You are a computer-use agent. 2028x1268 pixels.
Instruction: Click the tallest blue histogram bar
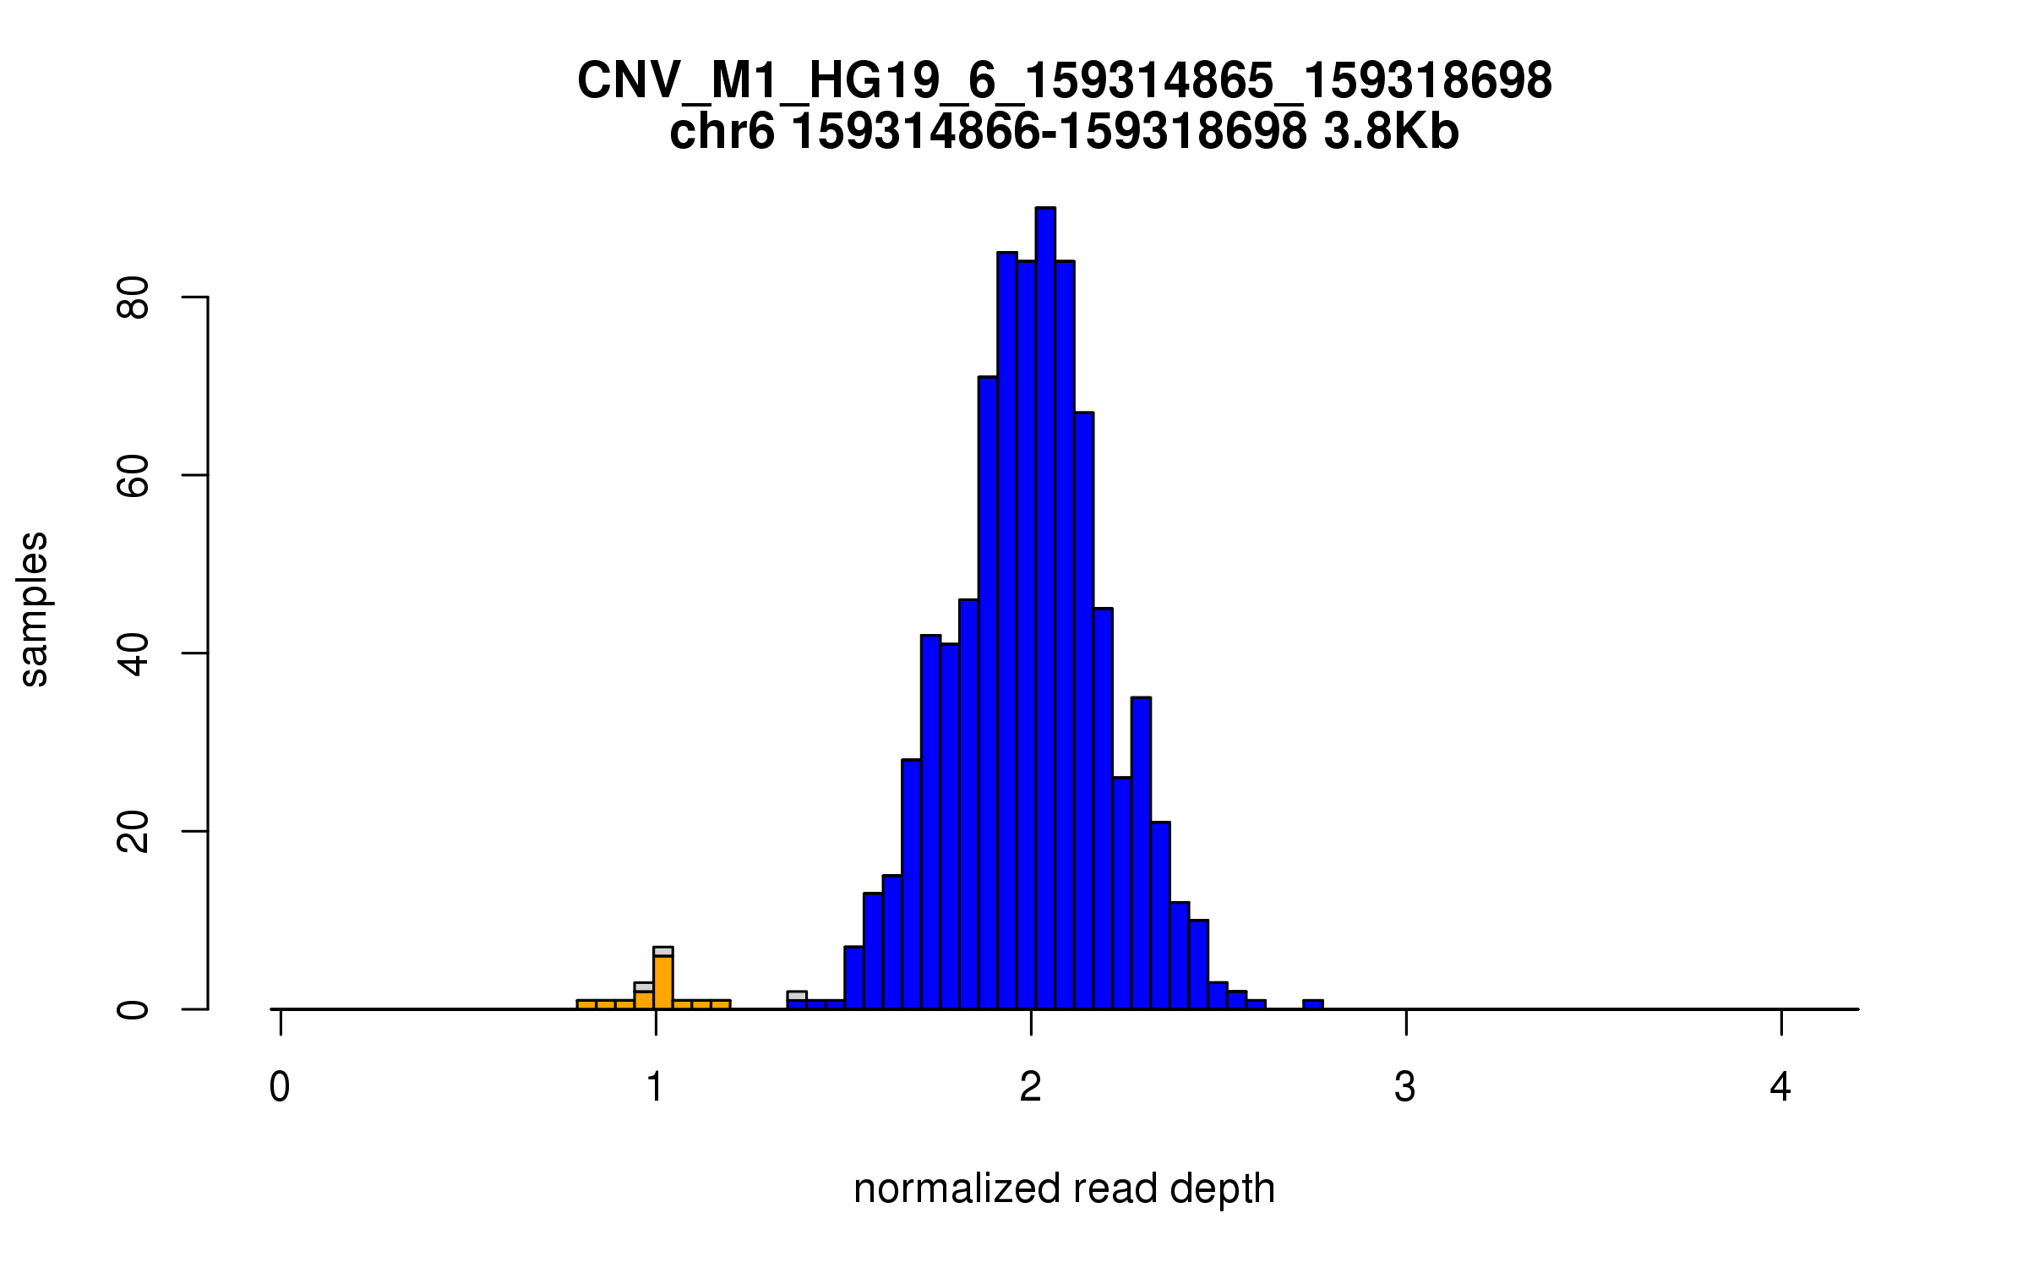1045,609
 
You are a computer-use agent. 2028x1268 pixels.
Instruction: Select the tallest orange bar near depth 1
663,982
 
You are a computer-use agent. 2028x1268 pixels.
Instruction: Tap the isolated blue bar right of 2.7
1312,1004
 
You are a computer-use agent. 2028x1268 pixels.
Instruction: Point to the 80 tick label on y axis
133,298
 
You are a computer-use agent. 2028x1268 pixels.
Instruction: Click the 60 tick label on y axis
133,475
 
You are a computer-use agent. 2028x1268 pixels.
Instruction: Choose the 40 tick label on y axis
133,653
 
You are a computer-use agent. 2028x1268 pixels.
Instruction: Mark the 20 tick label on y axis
133,832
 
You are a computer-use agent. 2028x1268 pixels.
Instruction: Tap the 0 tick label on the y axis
133,1009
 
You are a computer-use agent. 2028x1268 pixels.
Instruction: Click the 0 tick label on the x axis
280,1087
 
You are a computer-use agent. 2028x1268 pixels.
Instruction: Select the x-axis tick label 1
655,1087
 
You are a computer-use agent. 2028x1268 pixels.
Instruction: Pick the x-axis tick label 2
1030,1087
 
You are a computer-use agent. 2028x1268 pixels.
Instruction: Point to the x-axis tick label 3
1405,1087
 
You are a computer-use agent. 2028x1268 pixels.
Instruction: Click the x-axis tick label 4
1780,1087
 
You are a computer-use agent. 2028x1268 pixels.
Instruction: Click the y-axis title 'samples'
34,609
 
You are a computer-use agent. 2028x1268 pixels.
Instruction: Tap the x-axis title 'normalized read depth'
1064,1189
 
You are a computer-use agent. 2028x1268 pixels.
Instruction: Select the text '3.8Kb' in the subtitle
1391,133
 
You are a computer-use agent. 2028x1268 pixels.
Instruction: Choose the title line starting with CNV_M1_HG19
1064,81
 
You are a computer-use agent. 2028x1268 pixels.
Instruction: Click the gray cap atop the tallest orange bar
663,952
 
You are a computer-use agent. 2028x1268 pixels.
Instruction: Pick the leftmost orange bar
586,1004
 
